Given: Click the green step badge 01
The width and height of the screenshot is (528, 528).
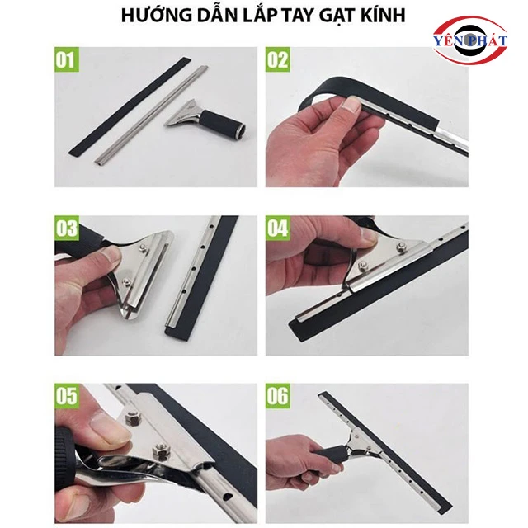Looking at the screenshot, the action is point(67,59).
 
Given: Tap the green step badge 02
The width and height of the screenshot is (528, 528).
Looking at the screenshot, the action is point(277,59).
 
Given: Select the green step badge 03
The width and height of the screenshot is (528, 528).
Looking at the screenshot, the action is point(67,228).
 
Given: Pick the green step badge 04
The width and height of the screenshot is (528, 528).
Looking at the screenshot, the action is point(277,228).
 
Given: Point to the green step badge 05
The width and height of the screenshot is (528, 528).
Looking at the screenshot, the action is point(67,396).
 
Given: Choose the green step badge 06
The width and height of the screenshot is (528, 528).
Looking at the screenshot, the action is point(277,396).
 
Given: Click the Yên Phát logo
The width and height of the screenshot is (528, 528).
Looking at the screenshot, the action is point(470,40).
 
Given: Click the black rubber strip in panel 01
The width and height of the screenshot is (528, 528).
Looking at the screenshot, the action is point(130,106).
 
